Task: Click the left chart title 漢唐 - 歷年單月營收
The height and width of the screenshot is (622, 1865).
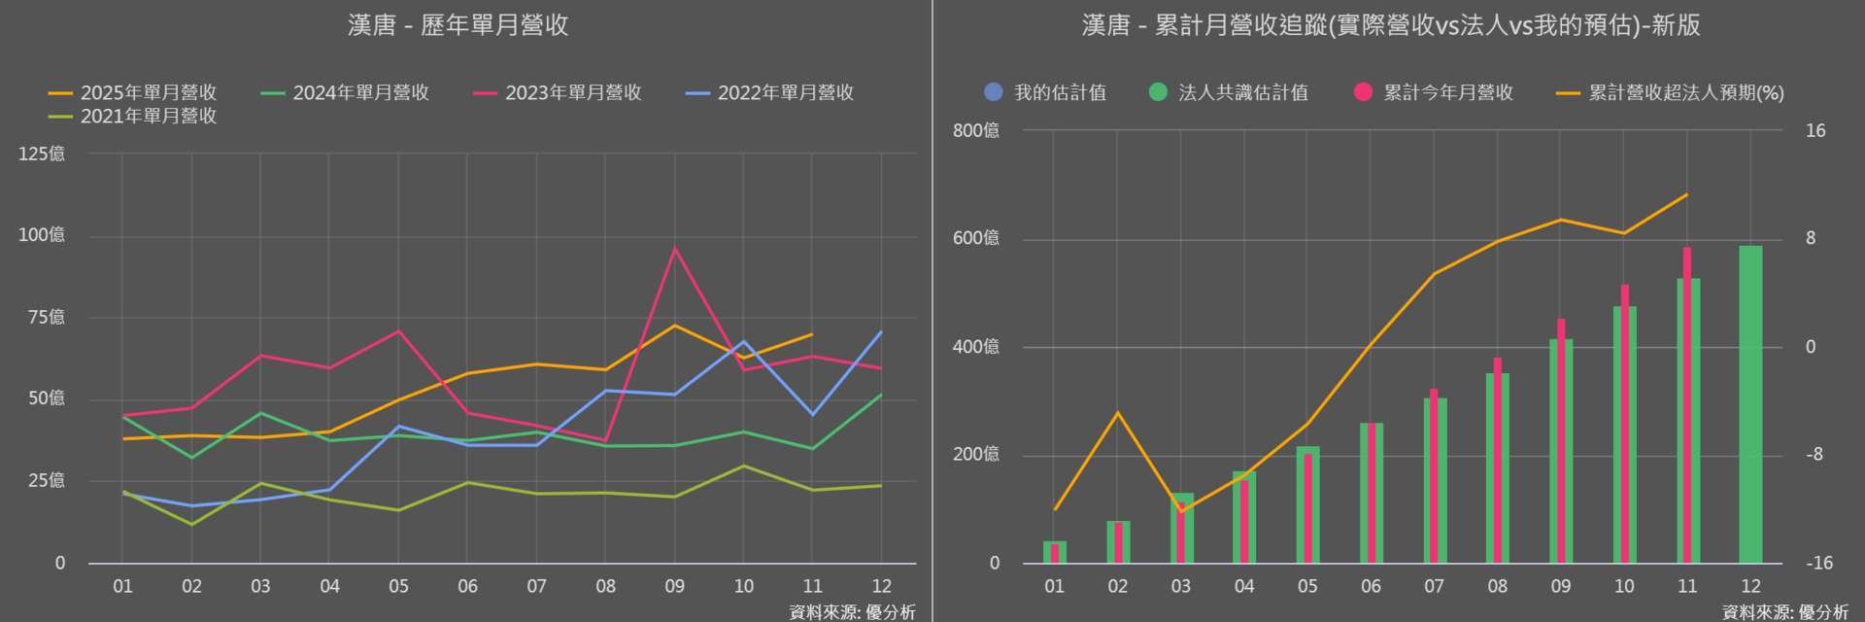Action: coord(458,25)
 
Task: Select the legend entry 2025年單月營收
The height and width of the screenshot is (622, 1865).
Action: coord(134,92)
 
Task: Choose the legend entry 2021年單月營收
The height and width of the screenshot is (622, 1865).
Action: coord(134,116)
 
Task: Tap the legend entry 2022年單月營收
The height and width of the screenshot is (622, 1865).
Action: coord(771,92)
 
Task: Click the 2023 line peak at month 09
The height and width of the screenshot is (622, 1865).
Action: coord(675,249)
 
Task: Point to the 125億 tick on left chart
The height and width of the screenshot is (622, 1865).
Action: coord(42,154)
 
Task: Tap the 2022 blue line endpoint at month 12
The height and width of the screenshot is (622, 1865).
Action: coord(881,332)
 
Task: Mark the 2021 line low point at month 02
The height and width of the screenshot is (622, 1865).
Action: coord(191,525)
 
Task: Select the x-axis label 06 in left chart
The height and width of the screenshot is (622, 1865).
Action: coord(467,586)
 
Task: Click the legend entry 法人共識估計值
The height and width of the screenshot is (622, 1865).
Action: coord(1230,92)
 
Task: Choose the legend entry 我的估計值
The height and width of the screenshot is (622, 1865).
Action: coord(1046,92)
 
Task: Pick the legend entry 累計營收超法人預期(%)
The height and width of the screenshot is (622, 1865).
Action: coord(1671,92)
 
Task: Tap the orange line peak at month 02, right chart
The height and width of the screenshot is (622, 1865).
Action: coord(1118,413)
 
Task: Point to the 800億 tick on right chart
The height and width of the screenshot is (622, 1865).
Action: coord(976,130)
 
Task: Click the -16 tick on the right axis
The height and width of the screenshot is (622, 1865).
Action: coord(1818,563)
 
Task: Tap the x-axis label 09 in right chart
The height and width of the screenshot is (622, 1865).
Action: coord(1561,586)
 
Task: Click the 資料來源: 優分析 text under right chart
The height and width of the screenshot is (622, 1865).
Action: coord(1785,611)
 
